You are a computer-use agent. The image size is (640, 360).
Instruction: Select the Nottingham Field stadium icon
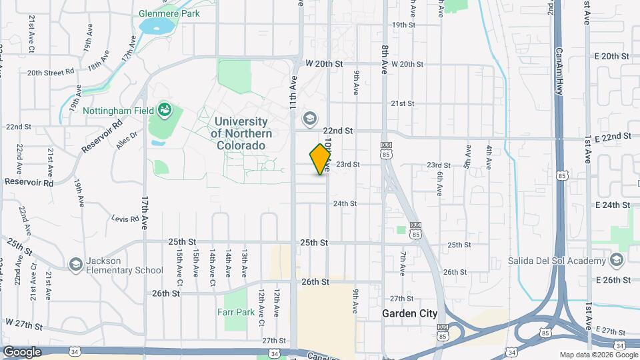tap(164, 109)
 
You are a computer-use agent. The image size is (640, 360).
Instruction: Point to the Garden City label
tap(409, 313)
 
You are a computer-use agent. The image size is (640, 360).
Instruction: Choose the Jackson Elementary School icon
tap(75, 265)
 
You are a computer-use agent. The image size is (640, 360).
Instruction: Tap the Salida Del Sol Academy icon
tap(616, 259)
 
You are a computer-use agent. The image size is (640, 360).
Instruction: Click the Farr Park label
tap(236, 311)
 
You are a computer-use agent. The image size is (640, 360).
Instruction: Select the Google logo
tap(23, 351)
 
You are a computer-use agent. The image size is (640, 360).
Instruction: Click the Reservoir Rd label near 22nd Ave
tap(29, 181)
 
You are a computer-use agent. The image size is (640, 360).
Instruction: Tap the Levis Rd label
tap(124, 218)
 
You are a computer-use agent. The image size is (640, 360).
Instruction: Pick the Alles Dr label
tap(126, 139)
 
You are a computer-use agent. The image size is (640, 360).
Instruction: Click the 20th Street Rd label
tap(50, 72)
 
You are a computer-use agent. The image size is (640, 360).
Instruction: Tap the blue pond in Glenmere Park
tap(155, 26)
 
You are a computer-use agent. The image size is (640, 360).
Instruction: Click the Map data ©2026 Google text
tap(598, 354)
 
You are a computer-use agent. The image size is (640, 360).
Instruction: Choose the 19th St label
tap(403, 25)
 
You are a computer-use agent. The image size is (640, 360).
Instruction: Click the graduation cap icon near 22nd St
tap(309, 119)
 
